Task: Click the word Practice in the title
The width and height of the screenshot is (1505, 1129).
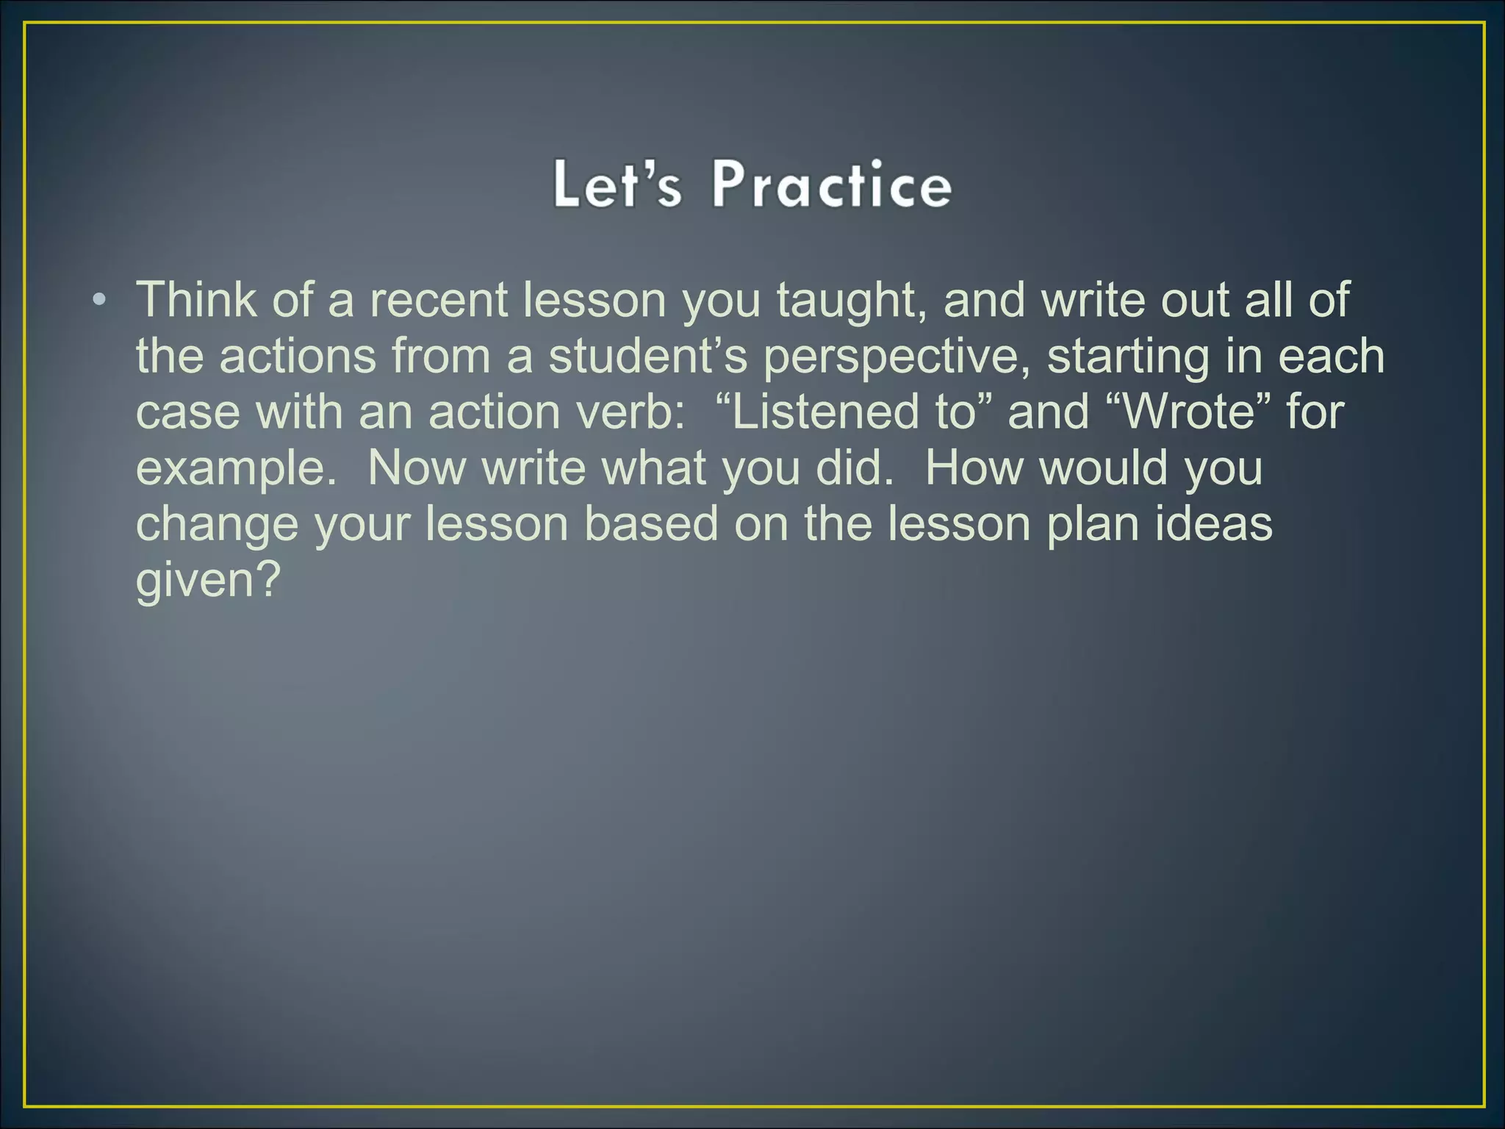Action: (x=831, y=184)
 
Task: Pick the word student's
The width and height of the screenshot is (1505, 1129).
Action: (x=647, y=356)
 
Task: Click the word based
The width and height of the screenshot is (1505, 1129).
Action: (x=651, y=523)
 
